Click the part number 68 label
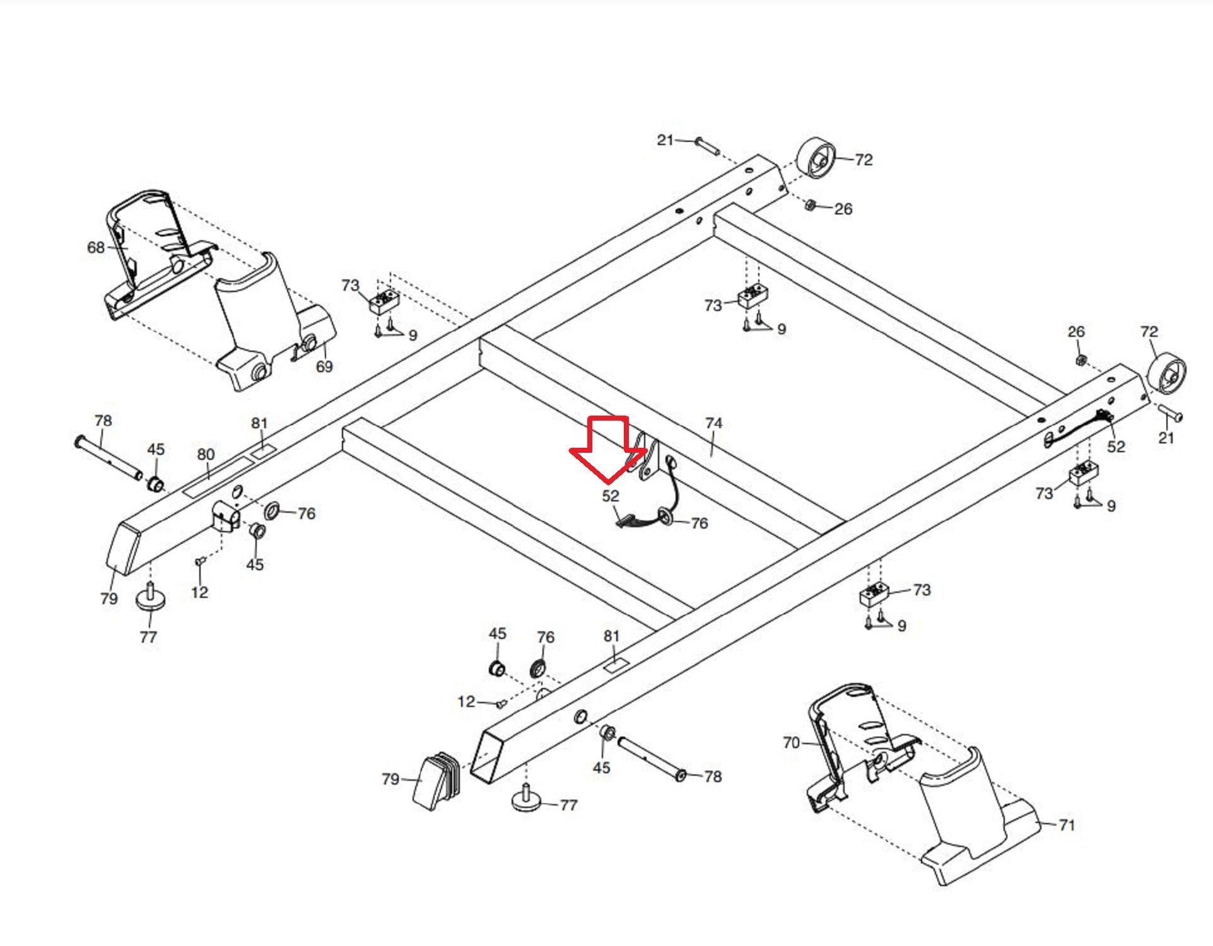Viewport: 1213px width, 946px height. (96, 247)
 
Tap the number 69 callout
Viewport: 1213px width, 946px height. (324, 366)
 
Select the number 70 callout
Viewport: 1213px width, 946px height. (791, 742)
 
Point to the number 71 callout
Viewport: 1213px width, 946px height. (1066, 824)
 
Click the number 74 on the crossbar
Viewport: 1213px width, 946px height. (713, 423)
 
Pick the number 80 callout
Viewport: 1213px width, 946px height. (206, 454)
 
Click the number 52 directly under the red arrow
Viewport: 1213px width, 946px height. (611, 496)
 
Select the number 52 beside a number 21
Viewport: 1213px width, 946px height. (1116, 447)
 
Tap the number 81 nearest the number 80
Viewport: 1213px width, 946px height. (259, 423)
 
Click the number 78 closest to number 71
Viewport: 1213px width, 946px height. (713, 776)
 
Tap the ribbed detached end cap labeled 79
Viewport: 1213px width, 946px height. (437, 781)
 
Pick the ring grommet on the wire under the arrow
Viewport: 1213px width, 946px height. (665, 517)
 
